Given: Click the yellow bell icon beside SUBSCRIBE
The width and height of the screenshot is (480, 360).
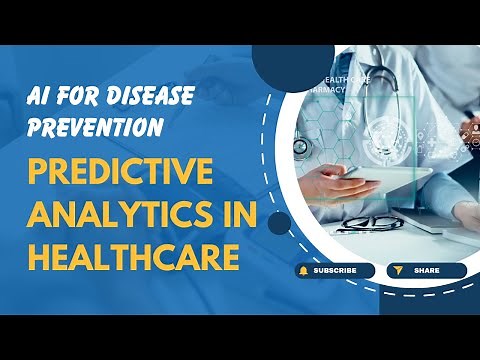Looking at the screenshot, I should pyautogui.click(x=302, y=271).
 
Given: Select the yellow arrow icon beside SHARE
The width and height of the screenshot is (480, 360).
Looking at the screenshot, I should pyautogui.click(x=396, y=271).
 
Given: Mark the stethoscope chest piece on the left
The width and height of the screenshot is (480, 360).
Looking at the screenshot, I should pyautogui.click(x=300, y=147).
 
